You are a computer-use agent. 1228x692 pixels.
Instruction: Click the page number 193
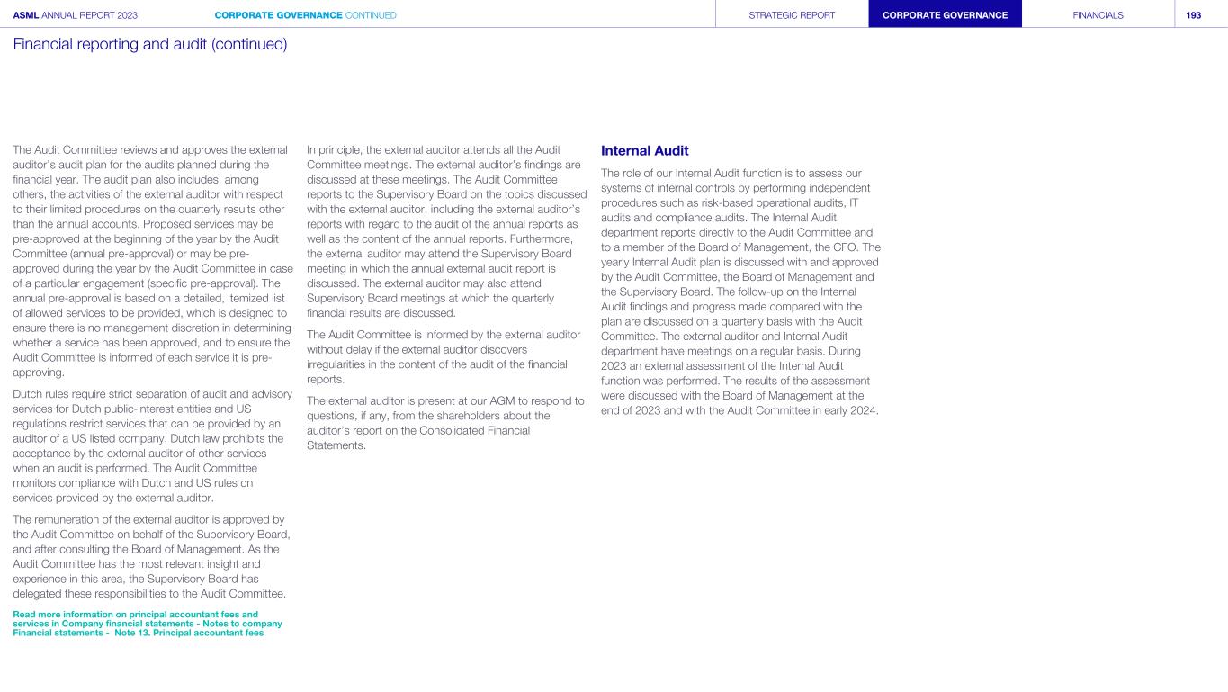pos(1194,15)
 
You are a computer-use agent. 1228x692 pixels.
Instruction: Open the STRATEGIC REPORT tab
pos(792,15)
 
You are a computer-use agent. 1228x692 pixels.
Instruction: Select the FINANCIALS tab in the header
pos(1098,15)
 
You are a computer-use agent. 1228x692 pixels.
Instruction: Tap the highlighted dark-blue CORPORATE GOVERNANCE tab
pos(945,15)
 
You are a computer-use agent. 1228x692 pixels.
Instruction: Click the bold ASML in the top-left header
pos(26,15)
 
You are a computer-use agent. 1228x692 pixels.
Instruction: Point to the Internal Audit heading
pos(644,150)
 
